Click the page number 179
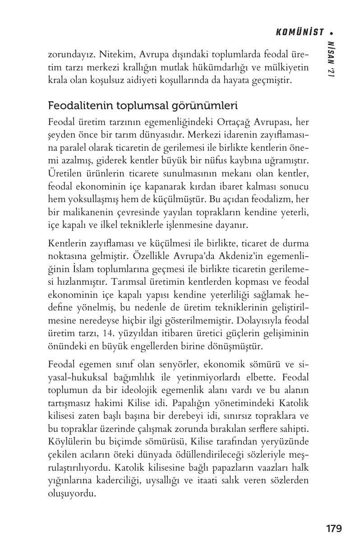(x=333, y=528)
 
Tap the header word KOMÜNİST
(x=300, y=32)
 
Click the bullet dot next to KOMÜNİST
(x=332, y=32)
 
